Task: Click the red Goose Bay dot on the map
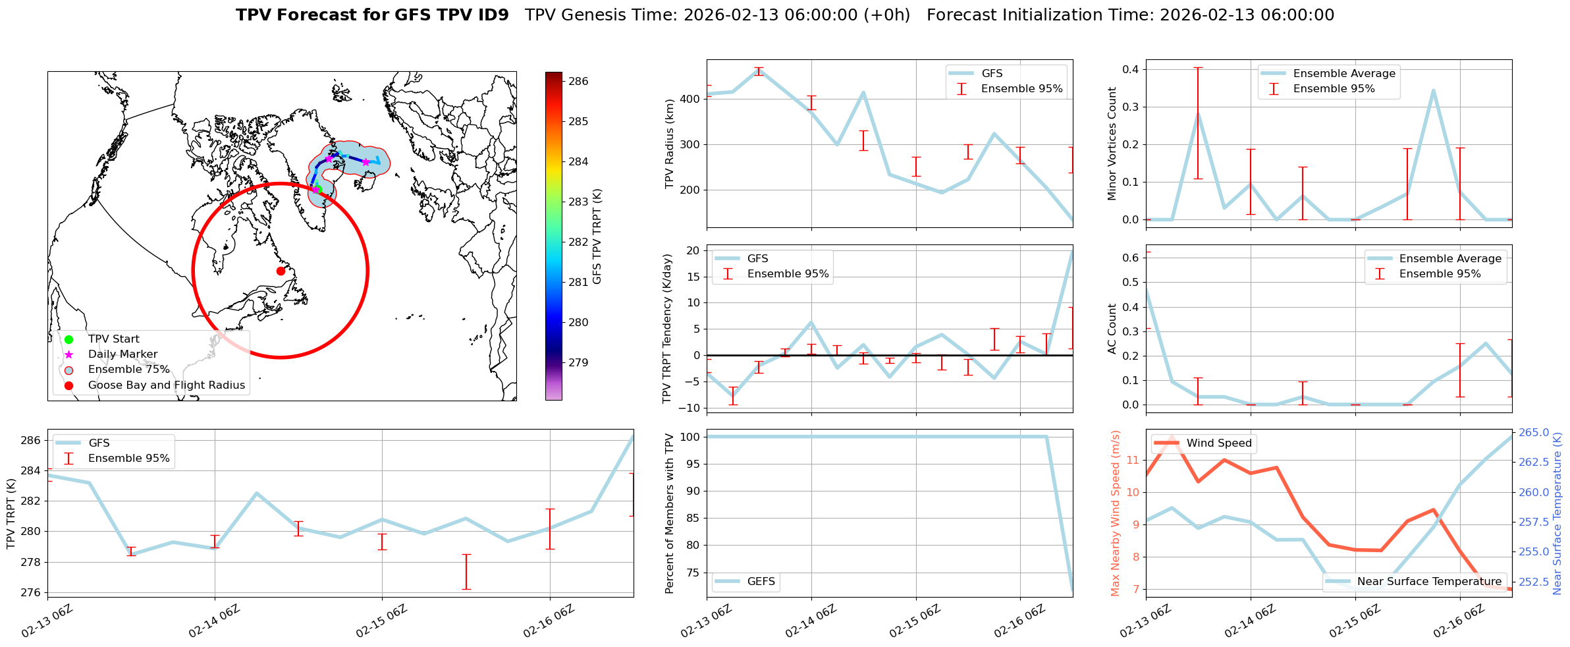[281, 271]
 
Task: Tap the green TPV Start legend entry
[113, 339]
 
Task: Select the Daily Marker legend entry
[122, 354]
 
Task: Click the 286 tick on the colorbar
[578, 82]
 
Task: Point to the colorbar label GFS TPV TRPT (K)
[597, 237]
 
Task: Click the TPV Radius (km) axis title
[670, 144]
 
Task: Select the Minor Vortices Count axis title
[1112, 144]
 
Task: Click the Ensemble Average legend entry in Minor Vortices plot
[1343, 74]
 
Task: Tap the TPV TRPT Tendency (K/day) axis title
[667, 329]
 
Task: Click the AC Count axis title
[1112, 329]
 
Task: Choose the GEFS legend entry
[761, 582]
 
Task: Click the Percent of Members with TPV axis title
[670, 513]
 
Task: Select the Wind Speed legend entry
[1218, 443]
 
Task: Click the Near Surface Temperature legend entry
[1428, 582]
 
